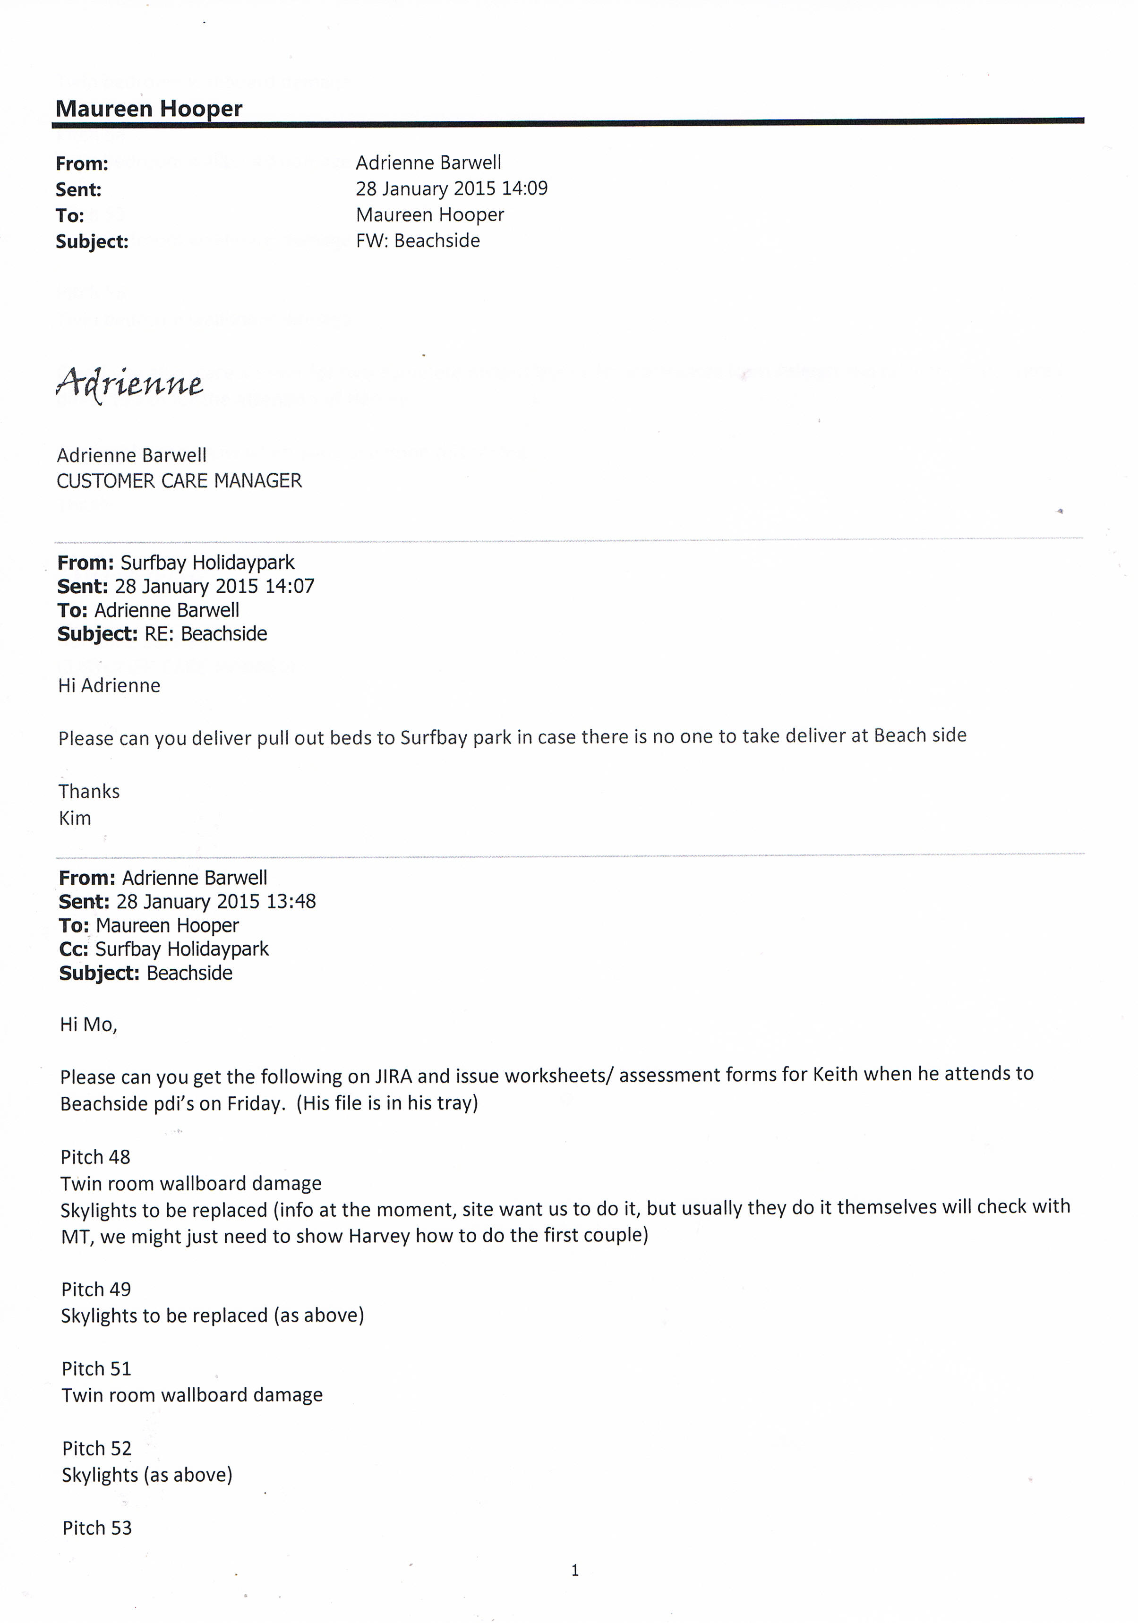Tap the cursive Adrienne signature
coord(129,384)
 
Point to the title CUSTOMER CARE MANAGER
coord(179,481)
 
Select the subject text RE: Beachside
coord(205,634)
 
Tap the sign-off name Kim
coord(75,819)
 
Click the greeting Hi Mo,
coord(88,1025)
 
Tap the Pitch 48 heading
coord(95,1157)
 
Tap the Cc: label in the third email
coord(74,949)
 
